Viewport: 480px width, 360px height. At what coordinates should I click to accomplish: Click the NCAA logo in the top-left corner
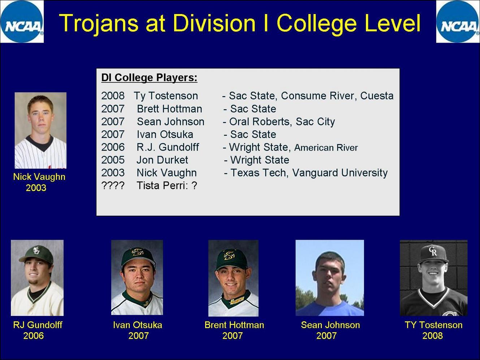(22, 21)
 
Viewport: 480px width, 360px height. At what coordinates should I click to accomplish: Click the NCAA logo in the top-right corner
(458, 21)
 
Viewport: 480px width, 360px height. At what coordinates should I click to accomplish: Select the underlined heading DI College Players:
(149, 78)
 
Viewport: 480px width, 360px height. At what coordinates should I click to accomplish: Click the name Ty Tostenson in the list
(166, 96)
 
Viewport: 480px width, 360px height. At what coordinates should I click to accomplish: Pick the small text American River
(326, 148)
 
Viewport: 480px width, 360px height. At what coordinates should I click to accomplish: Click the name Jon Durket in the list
(162, 160)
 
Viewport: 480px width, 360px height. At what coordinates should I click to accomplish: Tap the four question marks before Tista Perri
(113, 186)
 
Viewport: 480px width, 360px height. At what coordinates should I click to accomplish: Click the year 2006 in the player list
(113, 147)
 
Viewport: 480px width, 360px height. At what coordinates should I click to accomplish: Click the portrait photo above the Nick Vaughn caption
(40, 130)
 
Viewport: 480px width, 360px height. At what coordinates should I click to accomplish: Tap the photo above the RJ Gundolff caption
(37, 278)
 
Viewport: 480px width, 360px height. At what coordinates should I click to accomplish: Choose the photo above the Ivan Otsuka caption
(137, 277)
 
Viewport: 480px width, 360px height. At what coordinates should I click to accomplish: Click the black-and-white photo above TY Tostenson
(434, 278)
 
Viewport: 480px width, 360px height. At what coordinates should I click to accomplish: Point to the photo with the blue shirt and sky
(330, 278)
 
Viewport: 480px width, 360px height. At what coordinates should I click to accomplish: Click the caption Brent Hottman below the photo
(234, 325)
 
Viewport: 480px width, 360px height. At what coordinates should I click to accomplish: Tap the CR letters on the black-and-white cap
(433, 251)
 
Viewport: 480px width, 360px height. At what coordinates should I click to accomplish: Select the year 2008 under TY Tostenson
(433, 336)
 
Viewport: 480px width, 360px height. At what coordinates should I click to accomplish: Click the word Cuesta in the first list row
(377, 96)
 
